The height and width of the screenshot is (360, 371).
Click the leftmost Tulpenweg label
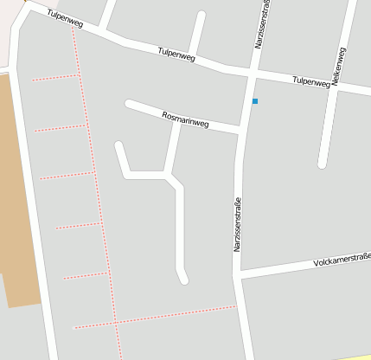point(66,19)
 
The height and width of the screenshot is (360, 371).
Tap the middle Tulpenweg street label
point(176,55)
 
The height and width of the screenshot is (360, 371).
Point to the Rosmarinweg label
point(186,119)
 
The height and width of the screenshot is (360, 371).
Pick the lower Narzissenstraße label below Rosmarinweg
point(237,225)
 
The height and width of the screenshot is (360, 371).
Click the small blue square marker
point(255,101)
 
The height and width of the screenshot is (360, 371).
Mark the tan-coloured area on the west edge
point(17,190)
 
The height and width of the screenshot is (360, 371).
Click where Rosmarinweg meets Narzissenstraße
point(240,132)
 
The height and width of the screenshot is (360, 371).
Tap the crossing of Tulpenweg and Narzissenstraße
point(253,74)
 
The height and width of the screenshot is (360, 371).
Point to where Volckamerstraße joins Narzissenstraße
point(237,274)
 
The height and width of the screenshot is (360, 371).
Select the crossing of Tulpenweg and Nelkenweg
point(336,87)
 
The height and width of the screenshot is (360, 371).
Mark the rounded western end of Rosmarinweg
point(129,104)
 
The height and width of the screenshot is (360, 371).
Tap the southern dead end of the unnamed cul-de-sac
point(183,280)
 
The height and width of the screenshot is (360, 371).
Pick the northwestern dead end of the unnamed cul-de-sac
point(118,145)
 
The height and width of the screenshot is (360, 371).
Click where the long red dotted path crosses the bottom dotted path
point(116,322)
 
